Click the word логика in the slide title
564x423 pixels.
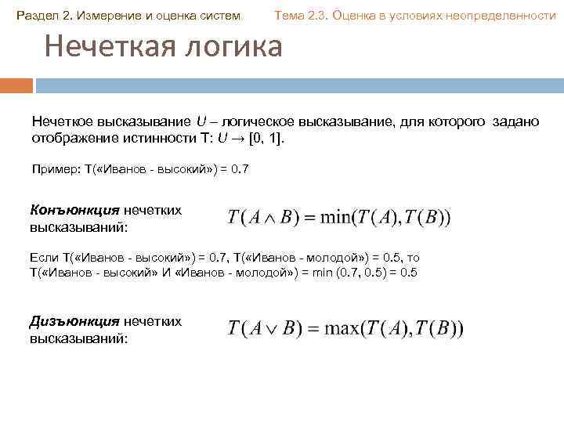pyautogui.click(x=234, y=48)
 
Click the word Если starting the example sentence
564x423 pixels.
pyautogui.click(x=43, y=257)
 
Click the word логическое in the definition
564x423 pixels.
pyautogui.click(x=258, y=122)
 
